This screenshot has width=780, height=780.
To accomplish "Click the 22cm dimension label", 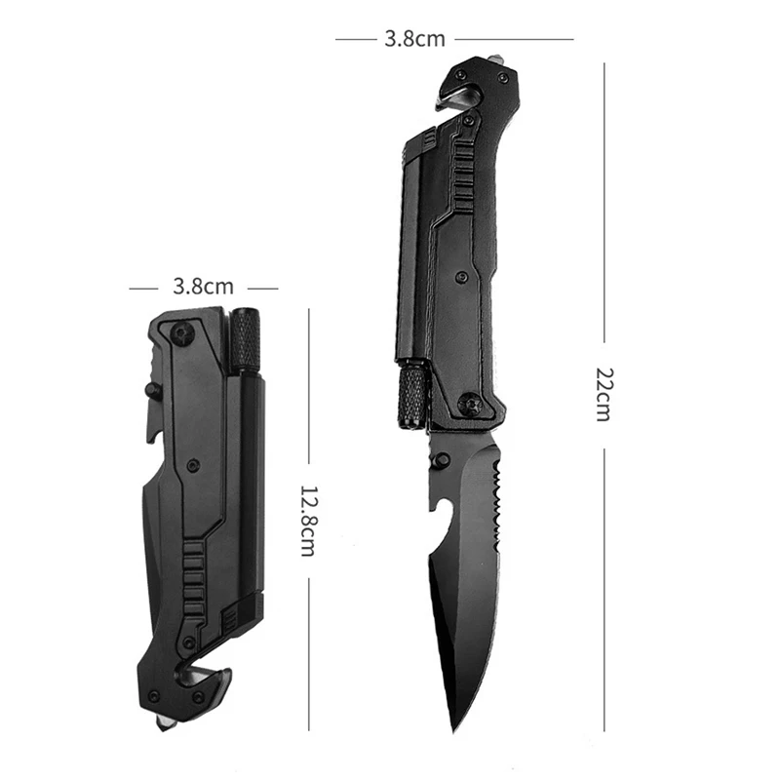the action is [x=604, y=395].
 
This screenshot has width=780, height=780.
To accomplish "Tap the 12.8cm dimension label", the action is [x=308, y=521].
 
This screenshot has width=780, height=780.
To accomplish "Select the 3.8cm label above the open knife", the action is [x=415, y=39].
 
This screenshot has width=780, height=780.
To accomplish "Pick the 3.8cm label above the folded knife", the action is [x=203, y=287].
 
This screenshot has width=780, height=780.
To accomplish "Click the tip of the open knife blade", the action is [x=453, y=731].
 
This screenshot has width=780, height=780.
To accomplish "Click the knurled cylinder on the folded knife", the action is [x=246, y=340].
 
